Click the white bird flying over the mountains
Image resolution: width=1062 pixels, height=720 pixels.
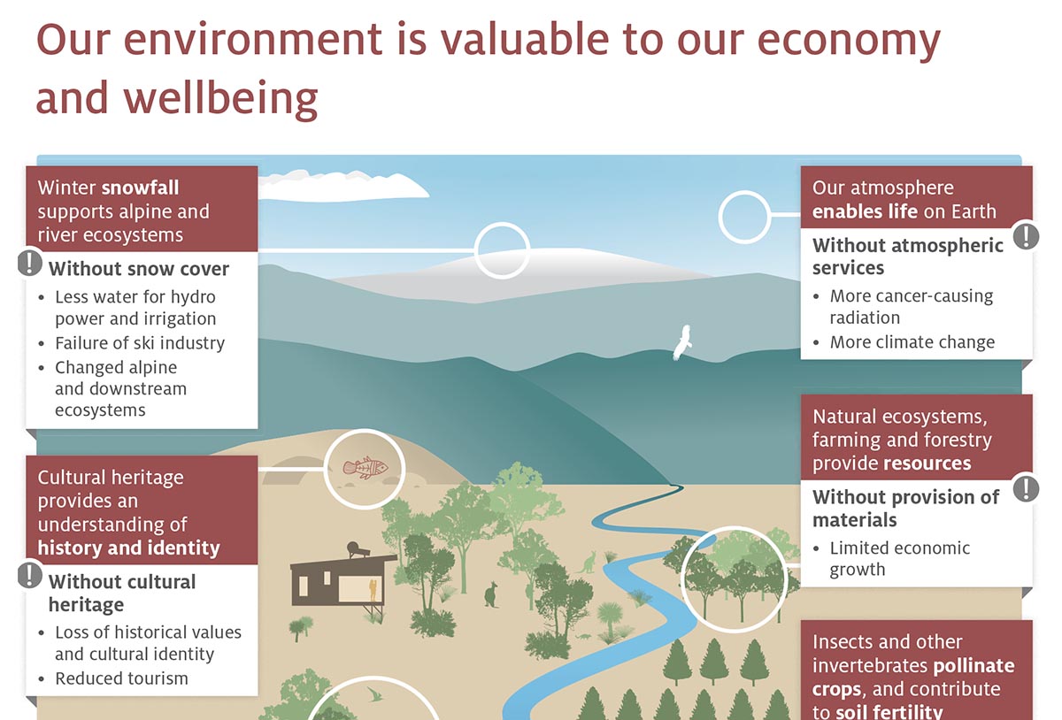click(x=681, y=343)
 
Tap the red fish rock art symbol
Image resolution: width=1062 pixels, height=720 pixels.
click(x=366, y=467)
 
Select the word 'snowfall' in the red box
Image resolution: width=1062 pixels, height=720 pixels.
click(x=141, y=188)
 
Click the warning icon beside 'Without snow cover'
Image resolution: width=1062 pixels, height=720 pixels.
click(x=30, y=263)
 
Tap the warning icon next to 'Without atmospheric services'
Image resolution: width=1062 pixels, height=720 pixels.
click(x=1026, y=236)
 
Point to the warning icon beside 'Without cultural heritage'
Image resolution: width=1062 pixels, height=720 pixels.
click(x=30, y=576)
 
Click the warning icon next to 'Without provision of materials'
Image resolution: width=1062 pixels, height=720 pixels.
click(x=1026, y=488)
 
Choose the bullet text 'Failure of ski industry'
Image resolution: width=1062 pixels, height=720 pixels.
click(x=140, y=343)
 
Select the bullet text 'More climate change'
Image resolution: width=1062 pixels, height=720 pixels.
click(x=912, y=342)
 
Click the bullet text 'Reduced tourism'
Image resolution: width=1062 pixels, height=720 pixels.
click(x=121, y=678)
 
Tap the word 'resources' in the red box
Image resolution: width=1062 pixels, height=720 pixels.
click(x=927, y=463)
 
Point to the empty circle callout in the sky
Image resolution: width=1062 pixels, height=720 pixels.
click(x=744, y=216)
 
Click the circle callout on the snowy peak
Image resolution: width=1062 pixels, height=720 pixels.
click(x=502, y=251)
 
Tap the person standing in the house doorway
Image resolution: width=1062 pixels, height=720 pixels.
click(x=373, y=590)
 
